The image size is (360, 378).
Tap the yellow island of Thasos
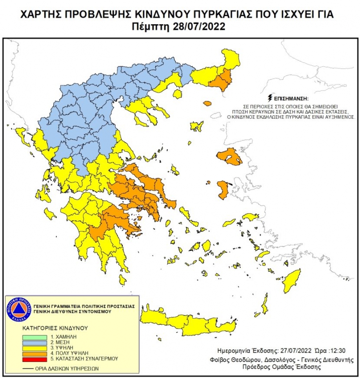177,94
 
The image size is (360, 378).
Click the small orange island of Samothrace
207,104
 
